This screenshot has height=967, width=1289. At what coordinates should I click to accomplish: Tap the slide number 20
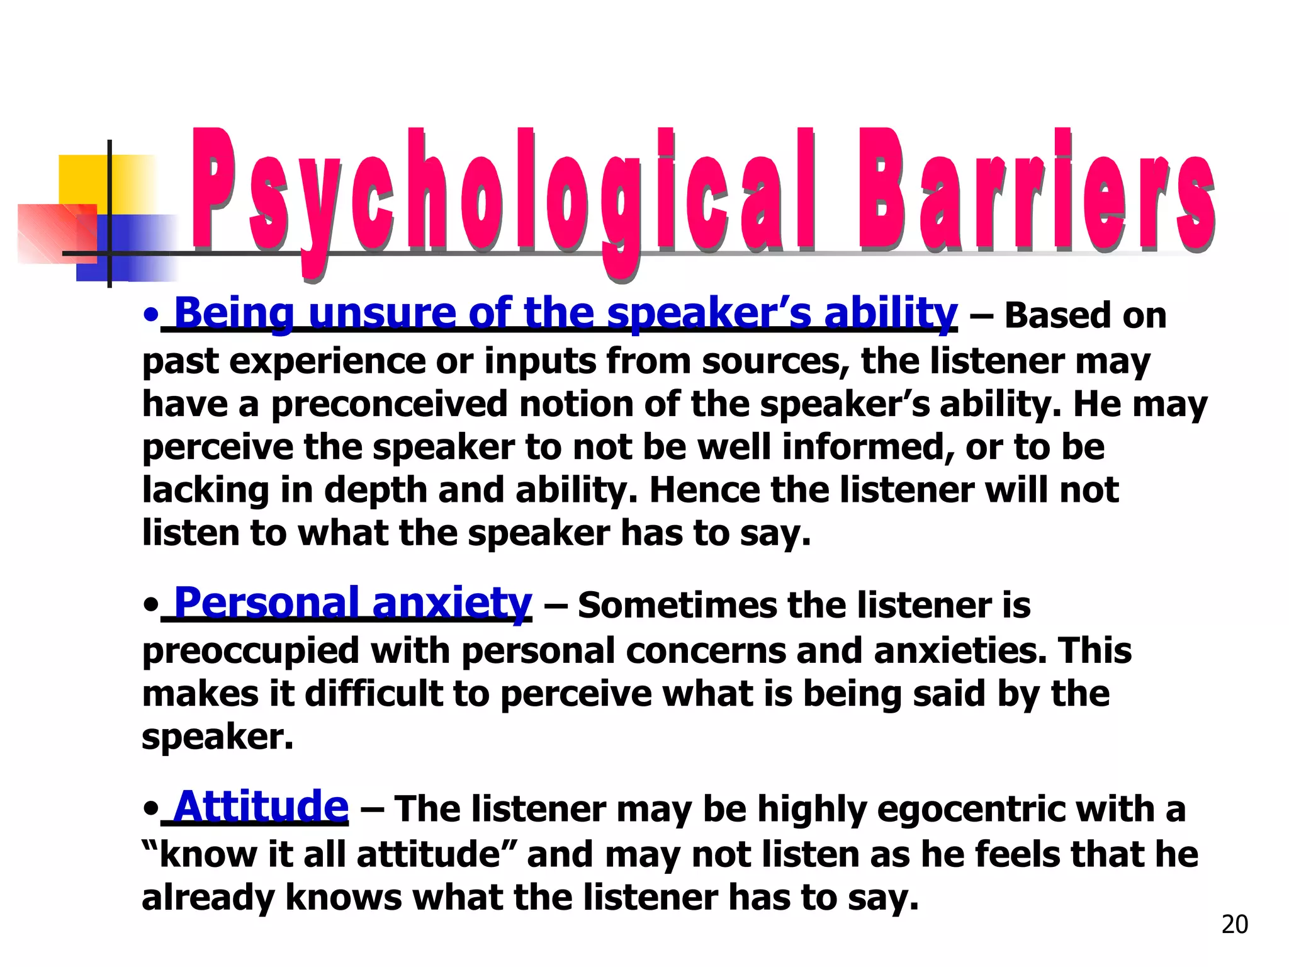click(x=1234, y=924)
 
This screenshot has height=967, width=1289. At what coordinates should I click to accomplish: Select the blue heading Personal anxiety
click(x=352, y=603)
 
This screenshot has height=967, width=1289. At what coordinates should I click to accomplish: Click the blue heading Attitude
click(x=261, y=806)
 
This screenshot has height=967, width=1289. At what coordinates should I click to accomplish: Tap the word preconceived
click(x=389, y=404)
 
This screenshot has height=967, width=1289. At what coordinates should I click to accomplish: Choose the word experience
click(x=327, y=362)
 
